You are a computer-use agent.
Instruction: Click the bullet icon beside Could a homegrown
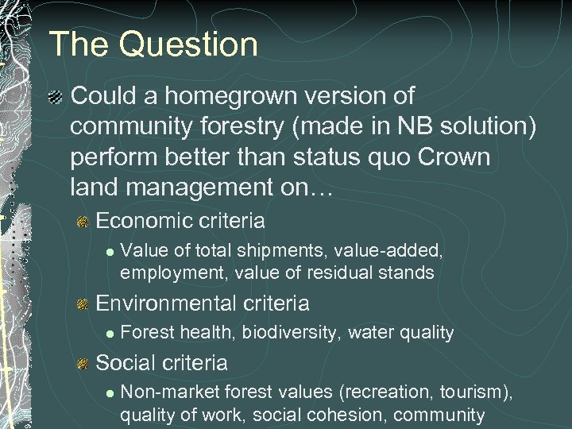pyautogui.click(x=55, y=97)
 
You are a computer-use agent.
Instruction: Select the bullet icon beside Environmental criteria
pyautogui.click(x=82, y=303)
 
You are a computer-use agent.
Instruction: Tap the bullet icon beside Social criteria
pyautogui.click(x=82, y=364)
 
